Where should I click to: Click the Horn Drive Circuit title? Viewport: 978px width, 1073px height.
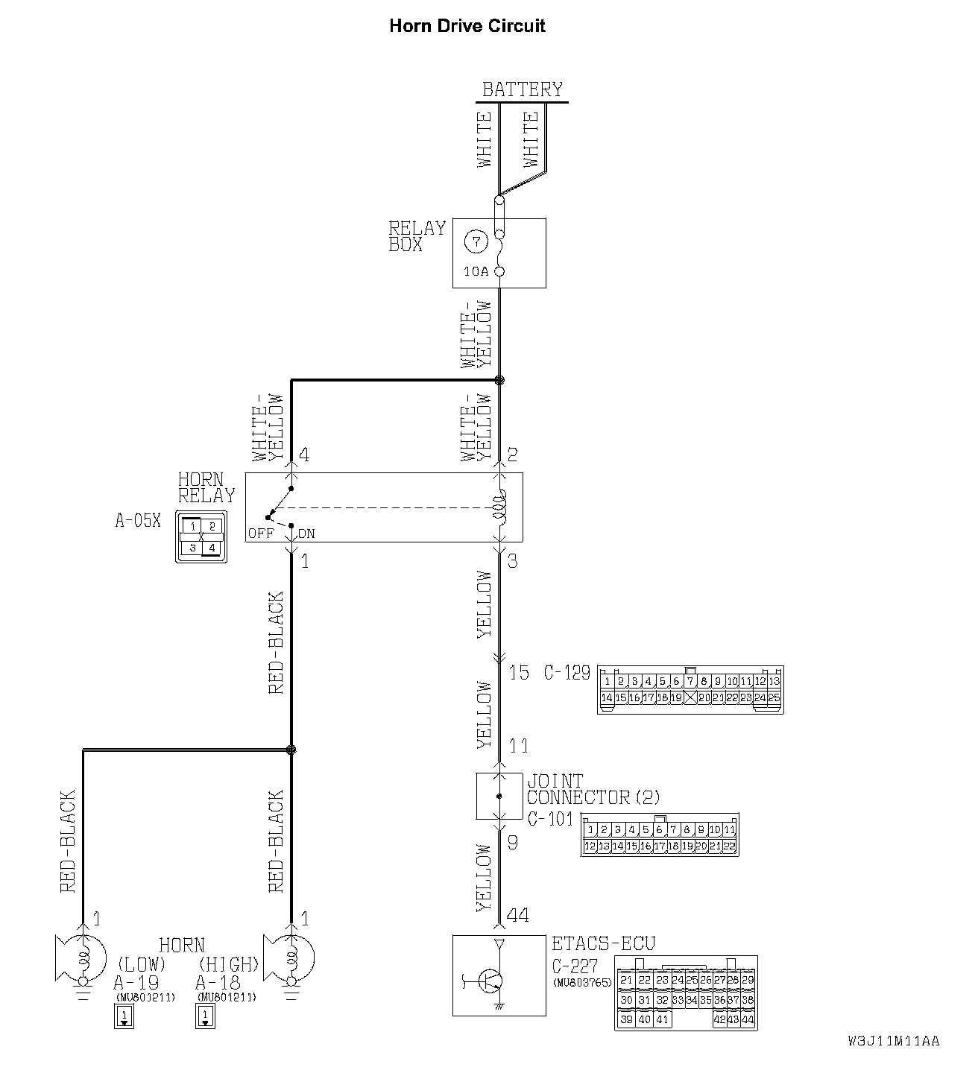pos(467,26)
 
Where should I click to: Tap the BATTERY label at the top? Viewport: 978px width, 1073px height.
pos(522,89)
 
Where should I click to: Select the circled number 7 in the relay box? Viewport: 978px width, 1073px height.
pos(476,242)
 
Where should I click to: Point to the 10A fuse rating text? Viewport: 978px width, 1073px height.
pos(476,272)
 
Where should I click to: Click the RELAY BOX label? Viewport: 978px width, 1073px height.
pos(416,236)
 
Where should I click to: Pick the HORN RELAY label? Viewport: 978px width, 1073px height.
pos(206,487)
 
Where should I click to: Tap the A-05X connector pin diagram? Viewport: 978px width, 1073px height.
pos(201,536)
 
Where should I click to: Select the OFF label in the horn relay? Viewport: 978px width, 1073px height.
pos(261,534)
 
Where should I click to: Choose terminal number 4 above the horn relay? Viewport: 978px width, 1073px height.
pos(303,455)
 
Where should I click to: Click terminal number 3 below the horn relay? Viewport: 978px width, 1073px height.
pos(512,560)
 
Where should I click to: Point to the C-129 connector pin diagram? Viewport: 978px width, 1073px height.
pos(690,690)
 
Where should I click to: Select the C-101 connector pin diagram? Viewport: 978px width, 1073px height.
pos(660,836)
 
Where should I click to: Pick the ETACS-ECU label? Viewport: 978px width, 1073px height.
pos(603,944)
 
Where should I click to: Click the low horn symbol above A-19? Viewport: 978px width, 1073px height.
pos(75,958)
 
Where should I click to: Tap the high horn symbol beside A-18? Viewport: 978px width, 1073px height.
pos(293,958)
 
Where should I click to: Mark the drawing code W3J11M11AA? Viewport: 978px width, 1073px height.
pos(893,1042)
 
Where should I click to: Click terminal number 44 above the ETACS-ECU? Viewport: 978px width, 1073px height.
pos(518,915)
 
